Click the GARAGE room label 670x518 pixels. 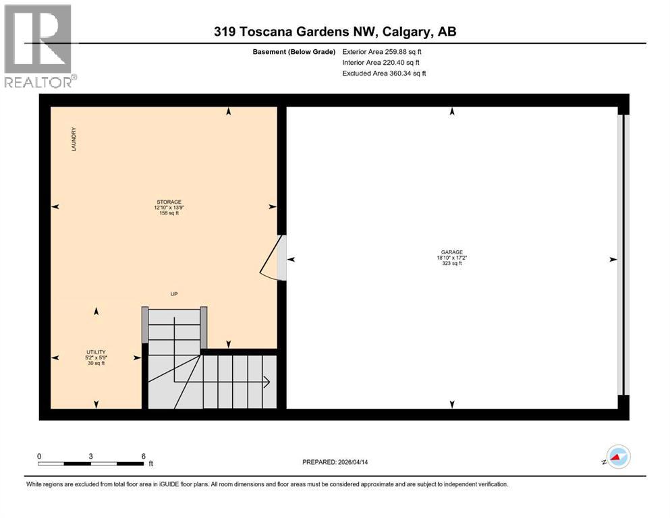point(452,252)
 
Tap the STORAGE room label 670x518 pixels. point(168,201)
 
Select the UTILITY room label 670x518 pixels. point(95,351)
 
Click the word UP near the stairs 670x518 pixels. point(174,294)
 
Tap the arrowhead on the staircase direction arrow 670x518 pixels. point(268,382)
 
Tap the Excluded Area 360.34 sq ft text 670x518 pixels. point(384,73)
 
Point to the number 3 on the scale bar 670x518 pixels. point(90,456)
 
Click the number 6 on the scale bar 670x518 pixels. point(143,456)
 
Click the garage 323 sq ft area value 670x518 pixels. point(452,263)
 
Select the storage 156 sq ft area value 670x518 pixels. point(168,213)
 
